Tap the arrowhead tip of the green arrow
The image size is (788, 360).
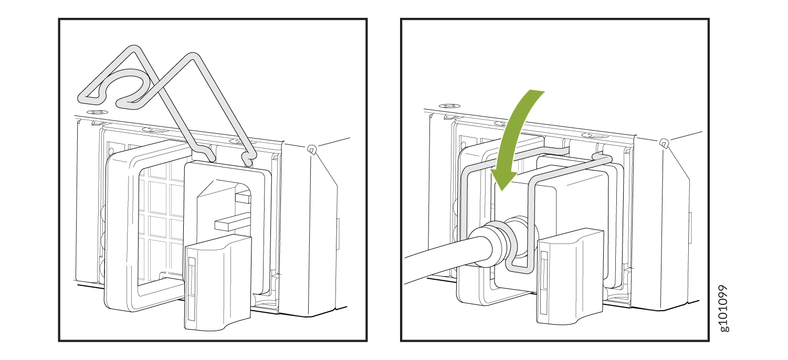point(502,191)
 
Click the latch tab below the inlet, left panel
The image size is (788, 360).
point(218,283)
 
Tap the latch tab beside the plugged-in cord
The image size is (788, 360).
point(570,278)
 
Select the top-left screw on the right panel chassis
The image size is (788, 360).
point(449,106)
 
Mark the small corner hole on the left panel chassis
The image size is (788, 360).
point(311,150)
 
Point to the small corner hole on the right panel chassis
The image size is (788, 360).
point(664,143)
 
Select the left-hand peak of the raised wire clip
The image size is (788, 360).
point(134,50)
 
